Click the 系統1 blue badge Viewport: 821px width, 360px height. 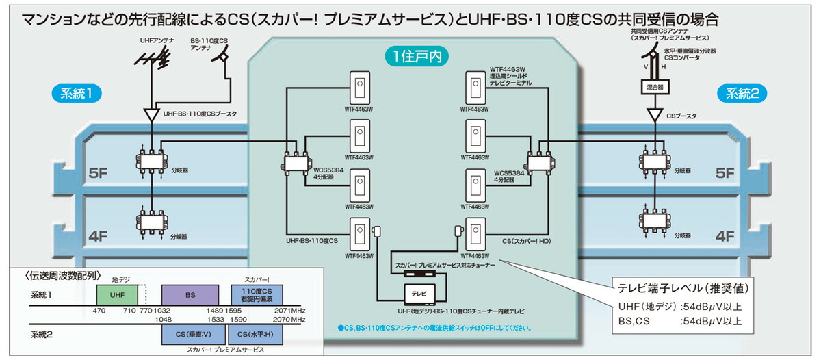[78, 94]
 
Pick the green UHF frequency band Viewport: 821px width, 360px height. [117, 295]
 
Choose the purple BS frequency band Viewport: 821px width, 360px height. [190, 295]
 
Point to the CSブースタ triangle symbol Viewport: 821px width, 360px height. [655, 114]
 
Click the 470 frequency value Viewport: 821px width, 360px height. [100, 311]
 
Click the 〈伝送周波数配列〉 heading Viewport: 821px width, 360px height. [63, 276]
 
